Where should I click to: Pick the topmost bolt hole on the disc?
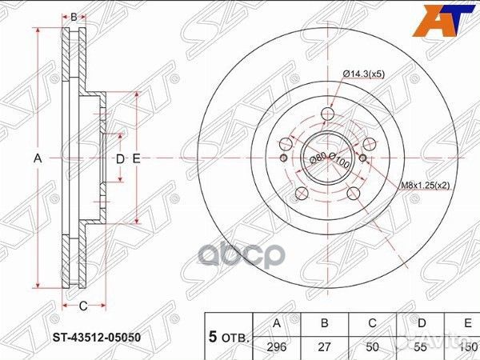(326, 114)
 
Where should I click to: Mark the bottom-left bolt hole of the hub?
(302, 193)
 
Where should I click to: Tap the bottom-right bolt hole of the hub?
(351, 193)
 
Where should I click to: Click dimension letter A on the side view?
(37, 159)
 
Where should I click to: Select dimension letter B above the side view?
(74, 17)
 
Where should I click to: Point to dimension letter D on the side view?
(119, 159)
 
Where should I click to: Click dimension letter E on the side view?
(137, 159)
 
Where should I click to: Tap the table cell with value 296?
(277, 346)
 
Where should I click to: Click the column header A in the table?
(277, 322)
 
